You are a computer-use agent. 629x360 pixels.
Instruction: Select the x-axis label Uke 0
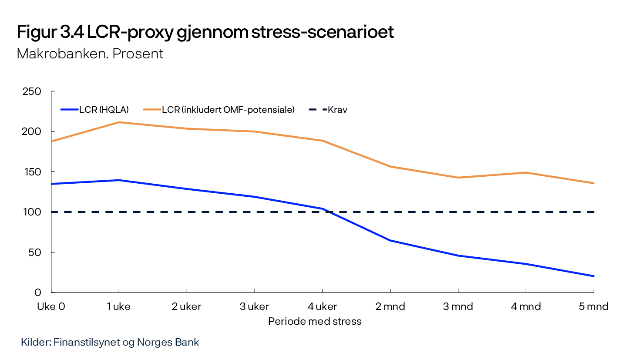click(x=51, y=306)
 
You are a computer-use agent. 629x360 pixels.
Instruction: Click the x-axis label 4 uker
click(x=322, y=306)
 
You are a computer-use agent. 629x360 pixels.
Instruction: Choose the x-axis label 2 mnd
click(x=390, y=306)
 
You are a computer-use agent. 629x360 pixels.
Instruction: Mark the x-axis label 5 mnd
click(x=593, y=306)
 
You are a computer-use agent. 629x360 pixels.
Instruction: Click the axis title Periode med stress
click(x=315, y=322)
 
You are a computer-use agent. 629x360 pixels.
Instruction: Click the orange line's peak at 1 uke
click(x=119, y=122)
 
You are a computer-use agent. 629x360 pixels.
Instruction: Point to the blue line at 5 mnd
click(x=594, y=276)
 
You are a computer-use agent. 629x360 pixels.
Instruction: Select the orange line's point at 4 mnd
click(x=526, y=172)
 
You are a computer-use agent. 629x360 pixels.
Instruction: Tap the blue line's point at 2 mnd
click(x=390, y=240)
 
